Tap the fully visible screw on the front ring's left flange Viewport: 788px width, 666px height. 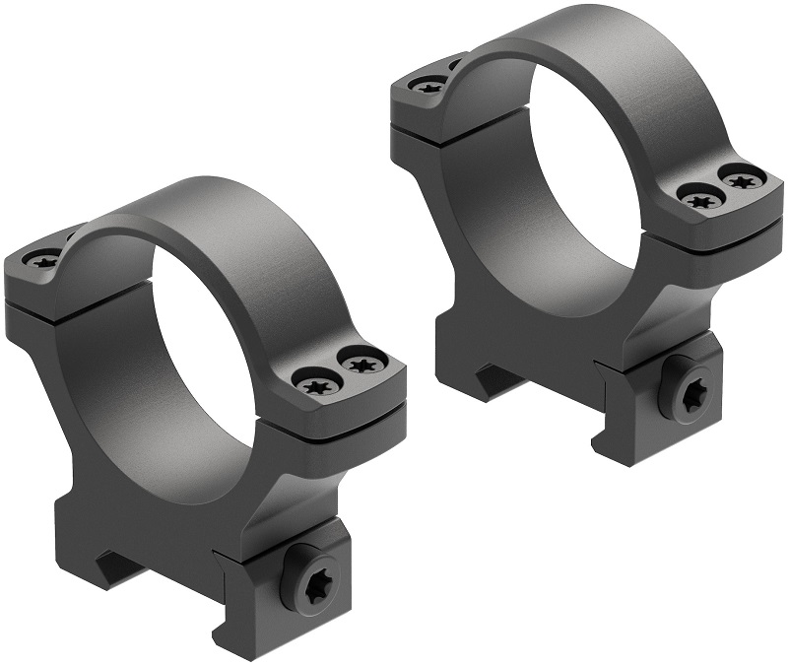tap(42, 262)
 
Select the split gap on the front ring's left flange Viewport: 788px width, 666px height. tap(49, 299)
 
